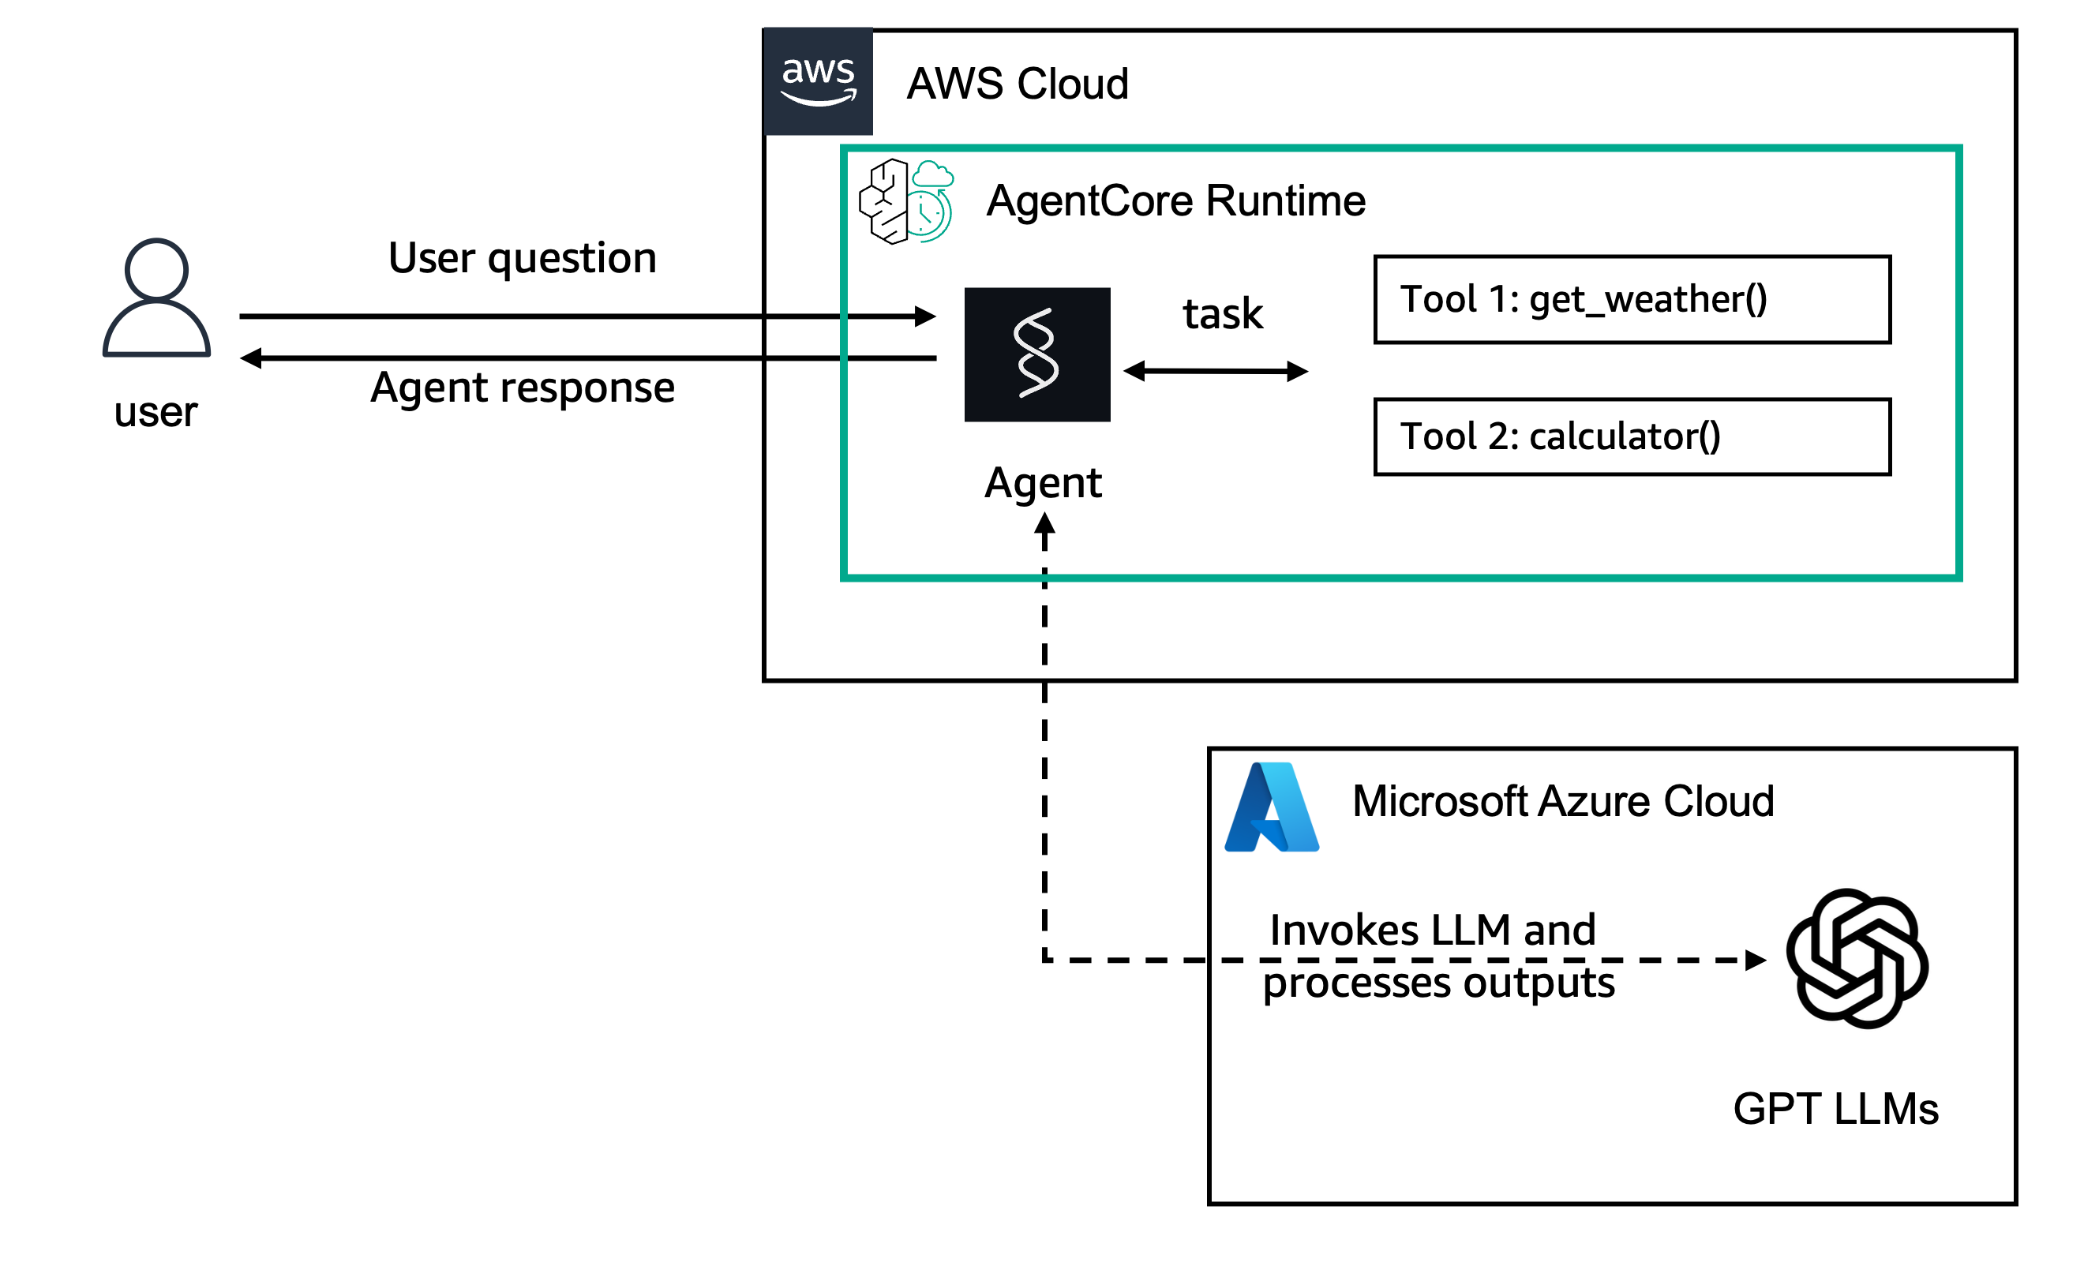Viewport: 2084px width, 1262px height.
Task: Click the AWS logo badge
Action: tap(818, 81)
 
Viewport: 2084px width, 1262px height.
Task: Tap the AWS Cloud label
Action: tap(1018, 84)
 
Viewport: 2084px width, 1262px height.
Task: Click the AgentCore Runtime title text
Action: tap(1175, 201)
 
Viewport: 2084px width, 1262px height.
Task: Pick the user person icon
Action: tap(156, 298)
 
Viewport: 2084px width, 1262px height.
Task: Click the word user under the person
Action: tap(156, 413)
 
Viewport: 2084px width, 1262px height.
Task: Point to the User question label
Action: tap(523, 258)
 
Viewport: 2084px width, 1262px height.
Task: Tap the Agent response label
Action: tap(523, 388)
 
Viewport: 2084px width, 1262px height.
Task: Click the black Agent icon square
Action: tap(1037, 354)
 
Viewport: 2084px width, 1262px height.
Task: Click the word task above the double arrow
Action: tap(1222, 314)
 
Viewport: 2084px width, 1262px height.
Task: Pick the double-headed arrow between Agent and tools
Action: tap(1216, 371)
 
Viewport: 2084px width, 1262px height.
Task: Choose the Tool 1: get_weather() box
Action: tap(1632, 299)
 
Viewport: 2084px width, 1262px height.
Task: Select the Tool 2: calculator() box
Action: tap(1632, 437)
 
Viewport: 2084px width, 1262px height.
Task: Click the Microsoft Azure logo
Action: tap(1271, 807)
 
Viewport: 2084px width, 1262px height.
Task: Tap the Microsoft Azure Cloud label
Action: tap(1563, 801)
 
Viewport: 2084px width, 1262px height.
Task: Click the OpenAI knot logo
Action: tap(1857, 958)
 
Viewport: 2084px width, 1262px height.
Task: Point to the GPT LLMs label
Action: tap(1835, 1109)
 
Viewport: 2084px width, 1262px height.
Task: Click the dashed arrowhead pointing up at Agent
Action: tap(1044, 524)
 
